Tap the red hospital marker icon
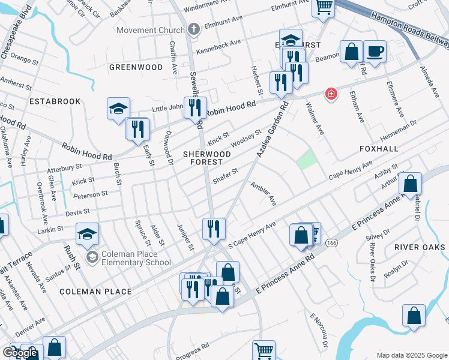click(330, 94)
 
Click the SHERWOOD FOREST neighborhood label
click(207, 158)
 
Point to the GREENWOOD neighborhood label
click(136, 67)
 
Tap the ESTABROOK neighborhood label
click(55, 101)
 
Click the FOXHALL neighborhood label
click(379, 148)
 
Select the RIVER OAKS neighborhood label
click(420, 247)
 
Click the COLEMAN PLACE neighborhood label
click(96, 292)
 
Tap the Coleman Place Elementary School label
click(137, 257)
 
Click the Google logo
click(20, 353)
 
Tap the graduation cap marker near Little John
click(119, 108)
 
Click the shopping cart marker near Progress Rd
click(264, 350)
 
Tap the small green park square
click(306, 160)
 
